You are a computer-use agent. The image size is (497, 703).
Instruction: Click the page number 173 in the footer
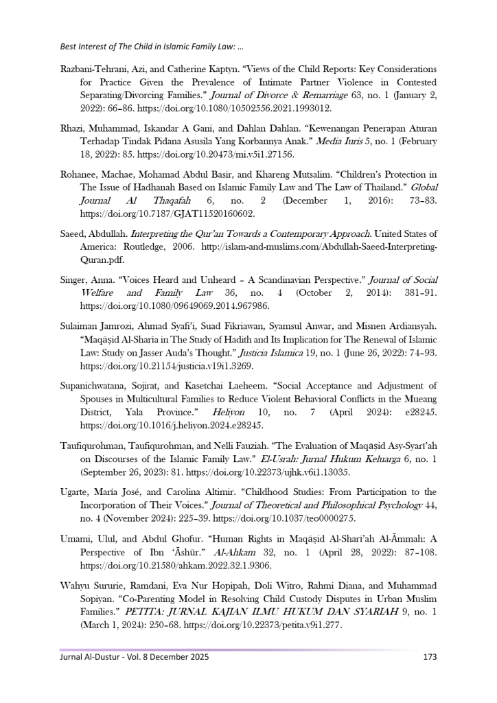pos(430,657)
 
